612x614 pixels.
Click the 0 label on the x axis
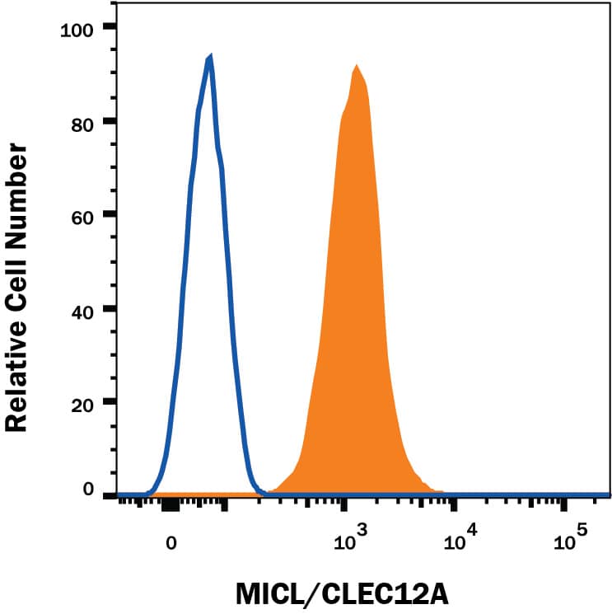171,543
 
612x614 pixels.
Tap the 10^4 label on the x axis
459,540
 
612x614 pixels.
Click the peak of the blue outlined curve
211,58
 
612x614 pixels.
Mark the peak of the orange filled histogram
356,66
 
